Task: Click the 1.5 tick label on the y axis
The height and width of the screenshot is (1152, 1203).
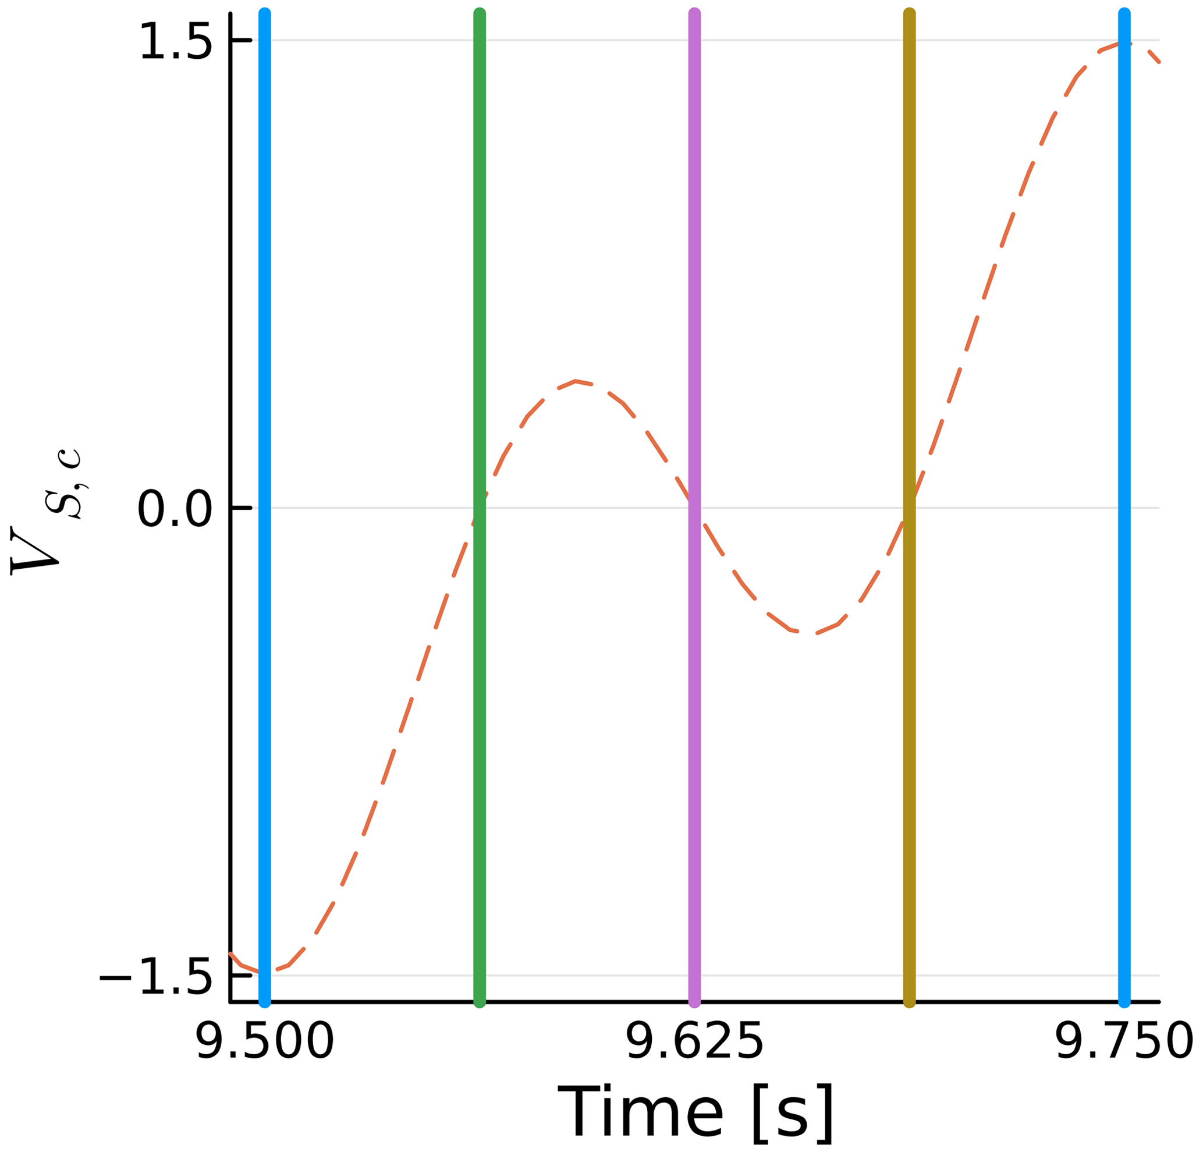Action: point(176,42)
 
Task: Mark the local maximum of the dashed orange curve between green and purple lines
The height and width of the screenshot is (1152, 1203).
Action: point(575,381)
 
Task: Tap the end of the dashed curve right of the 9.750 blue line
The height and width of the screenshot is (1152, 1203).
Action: point(1158,61)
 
